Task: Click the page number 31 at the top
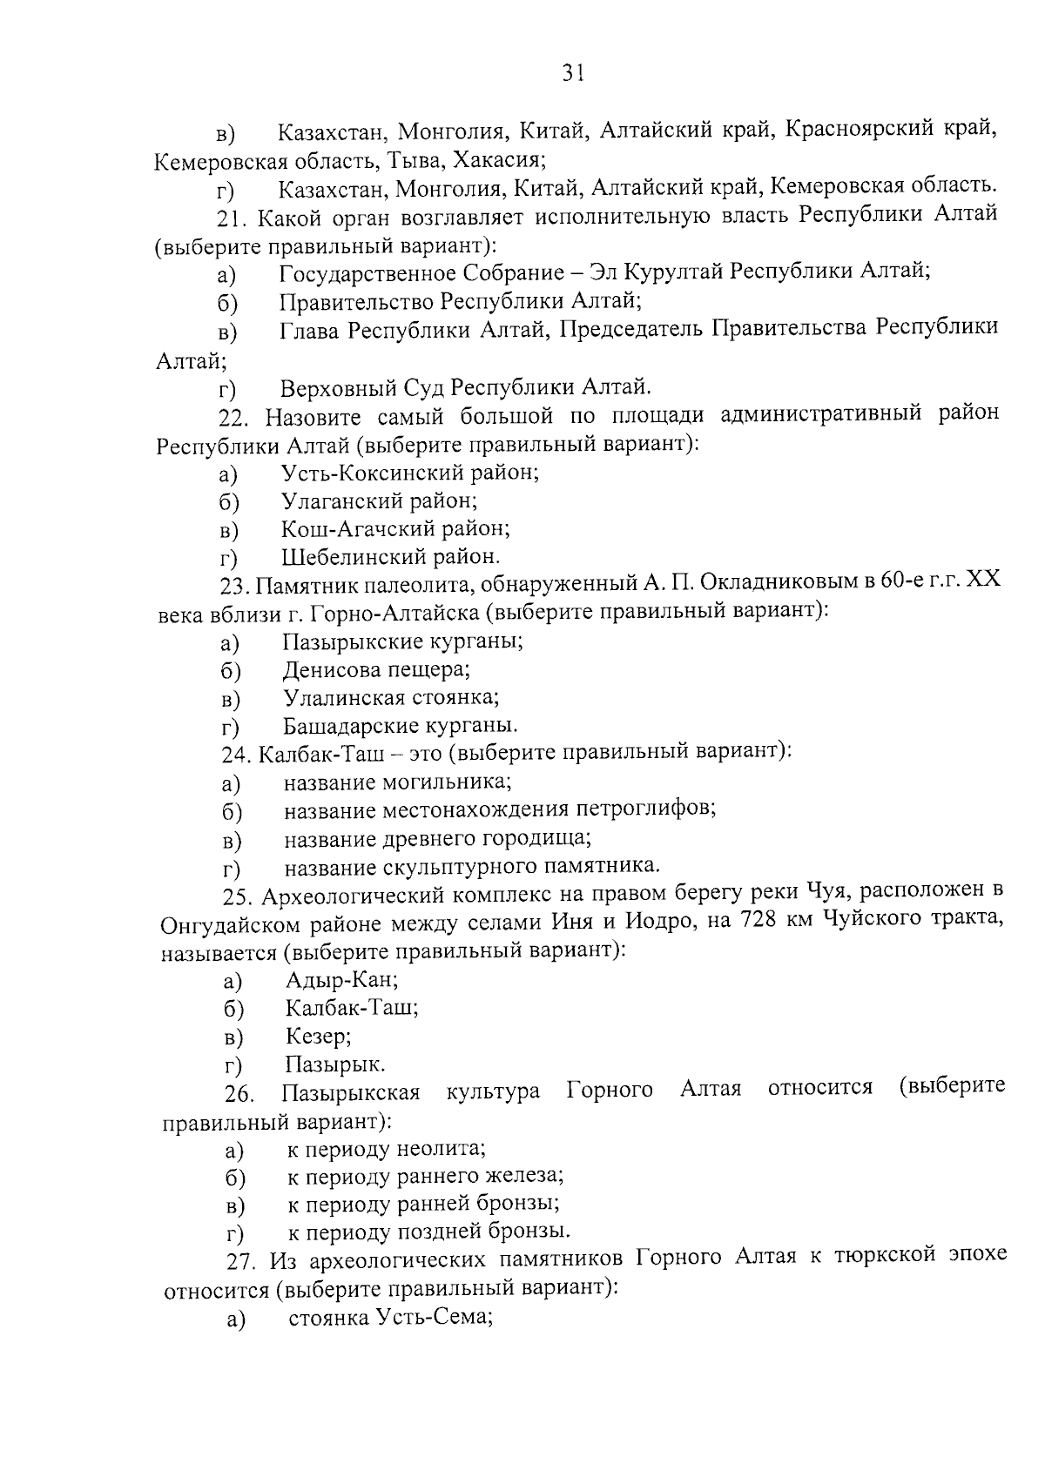[571, 73]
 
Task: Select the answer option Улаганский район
[379, 501]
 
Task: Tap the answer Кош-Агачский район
[395, 529]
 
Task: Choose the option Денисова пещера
[376, 670]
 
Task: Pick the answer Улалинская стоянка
[391, 698]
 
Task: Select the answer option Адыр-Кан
[341, 980]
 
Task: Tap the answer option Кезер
[318, 1037]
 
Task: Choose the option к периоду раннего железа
[425, 1177]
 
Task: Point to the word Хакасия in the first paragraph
[506, 161]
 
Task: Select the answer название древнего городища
[437, 839]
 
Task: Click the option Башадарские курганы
[400, 726]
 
